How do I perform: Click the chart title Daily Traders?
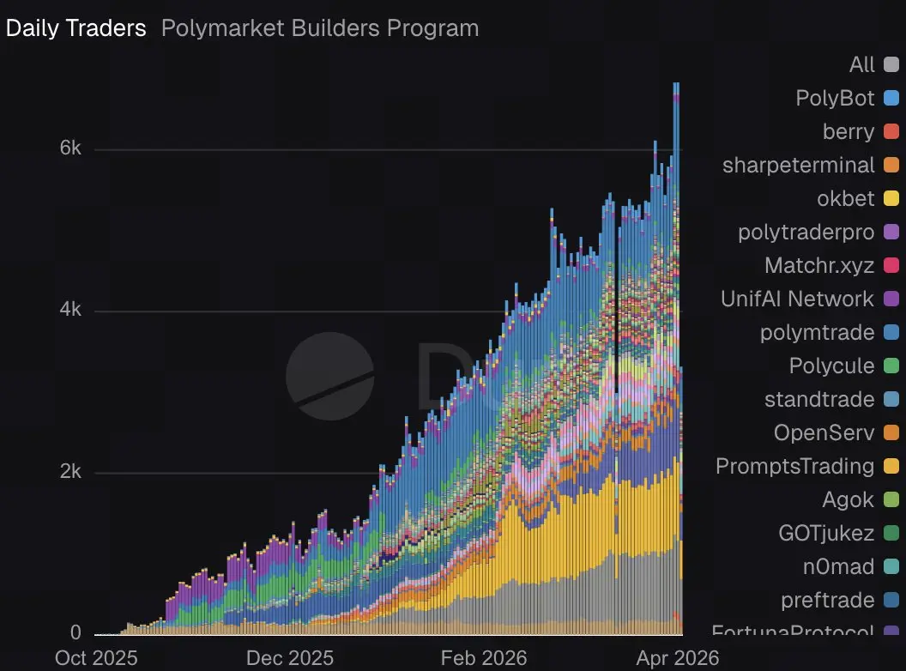pos(75,27)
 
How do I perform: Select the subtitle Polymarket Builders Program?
pos(320,27)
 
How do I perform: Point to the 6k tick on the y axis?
pos(70,148)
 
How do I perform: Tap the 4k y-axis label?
pos(70,310)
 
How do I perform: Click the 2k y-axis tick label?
pos(70,471)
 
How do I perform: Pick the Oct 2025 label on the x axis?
pos(95,657)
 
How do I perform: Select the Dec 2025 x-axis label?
pos(290,657)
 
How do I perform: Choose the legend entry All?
pos(862,64)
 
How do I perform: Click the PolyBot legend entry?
pos(835,98)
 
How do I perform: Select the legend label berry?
pos(849,131)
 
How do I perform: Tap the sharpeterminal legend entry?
pos(799,165)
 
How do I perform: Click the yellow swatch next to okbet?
pos(891,198)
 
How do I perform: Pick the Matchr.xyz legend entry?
pos(819,265)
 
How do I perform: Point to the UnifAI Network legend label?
pos(798,299)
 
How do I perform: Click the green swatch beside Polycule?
pos(891,366)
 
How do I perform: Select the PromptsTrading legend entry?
pos(795,466)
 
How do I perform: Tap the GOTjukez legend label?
pos(826,533)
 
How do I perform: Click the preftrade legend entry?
pos(828,600)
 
